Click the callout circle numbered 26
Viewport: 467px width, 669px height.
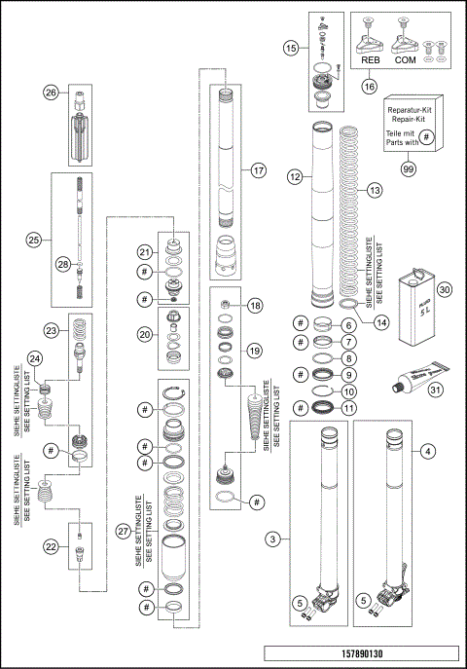point(52,93)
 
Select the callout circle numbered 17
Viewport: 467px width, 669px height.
point(258,169)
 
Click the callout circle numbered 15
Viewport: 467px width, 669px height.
point(291,47)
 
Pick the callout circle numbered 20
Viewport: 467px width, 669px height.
point(144,332)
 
